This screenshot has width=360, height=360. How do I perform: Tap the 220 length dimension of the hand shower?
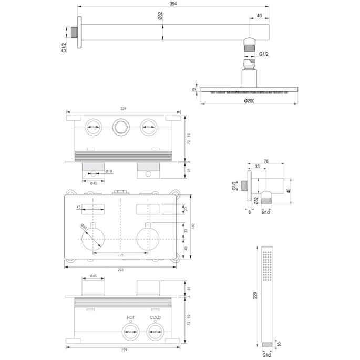[x=255, y=296]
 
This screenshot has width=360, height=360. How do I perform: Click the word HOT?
[x=130, y=318]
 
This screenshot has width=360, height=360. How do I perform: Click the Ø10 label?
[x=109, y=171]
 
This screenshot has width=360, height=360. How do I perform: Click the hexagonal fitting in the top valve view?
[x=120, y=127]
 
